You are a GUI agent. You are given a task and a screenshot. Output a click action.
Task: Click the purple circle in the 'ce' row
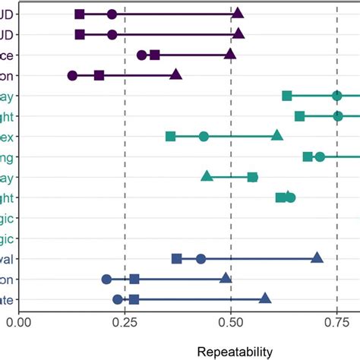pos(141,55)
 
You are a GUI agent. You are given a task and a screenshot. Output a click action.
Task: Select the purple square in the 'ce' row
pos(155,55)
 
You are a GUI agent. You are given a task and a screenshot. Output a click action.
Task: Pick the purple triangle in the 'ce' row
pos(230,55)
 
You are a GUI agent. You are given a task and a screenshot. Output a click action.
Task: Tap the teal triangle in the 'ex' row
pos(277,136)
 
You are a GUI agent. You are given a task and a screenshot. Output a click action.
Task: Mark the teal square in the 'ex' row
pos(171,137)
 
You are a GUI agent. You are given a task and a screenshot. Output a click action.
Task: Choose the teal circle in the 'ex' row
pos(204,137)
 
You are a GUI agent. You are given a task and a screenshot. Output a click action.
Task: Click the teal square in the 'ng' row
pos(308,156)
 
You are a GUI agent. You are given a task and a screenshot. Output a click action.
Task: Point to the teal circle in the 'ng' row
pos(320,156)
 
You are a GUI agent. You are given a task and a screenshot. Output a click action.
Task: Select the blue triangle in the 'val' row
pos(317,258)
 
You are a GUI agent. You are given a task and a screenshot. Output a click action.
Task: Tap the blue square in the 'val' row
pos(177,259)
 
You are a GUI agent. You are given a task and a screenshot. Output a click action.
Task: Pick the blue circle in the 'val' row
pos(201,259)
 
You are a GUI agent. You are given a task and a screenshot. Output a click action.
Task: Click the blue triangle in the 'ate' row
pos(265,298)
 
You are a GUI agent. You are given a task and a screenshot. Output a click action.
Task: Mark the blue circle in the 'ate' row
pos(118,299)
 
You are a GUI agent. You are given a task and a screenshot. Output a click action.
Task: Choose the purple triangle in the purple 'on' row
pos(176,74)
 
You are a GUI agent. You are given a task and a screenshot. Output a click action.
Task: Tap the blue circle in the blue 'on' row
pos(106,279)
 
